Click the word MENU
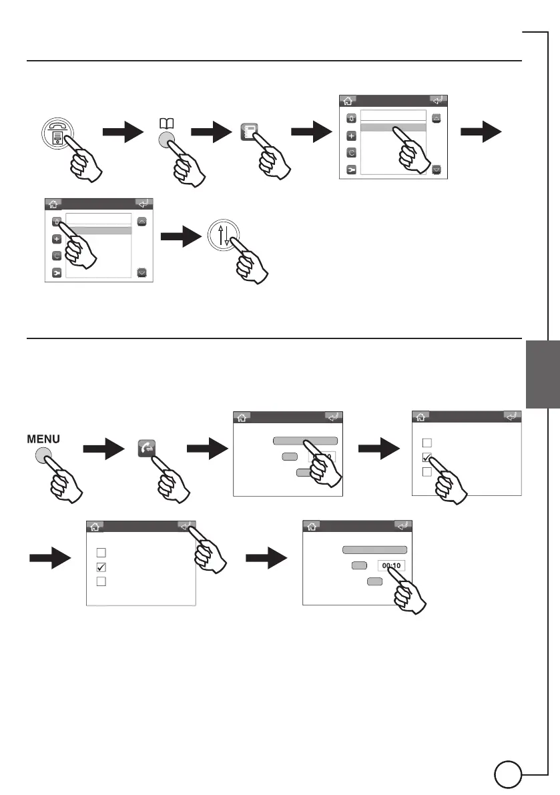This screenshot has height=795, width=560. [x=43, y=439]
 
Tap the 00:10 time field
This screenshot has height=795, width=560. [x=391, y=566]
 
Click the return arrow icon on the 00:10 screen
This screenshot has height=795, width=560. [x=402, y=526]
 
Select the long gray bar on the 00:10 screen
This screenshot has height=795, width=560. [x=374, y=550]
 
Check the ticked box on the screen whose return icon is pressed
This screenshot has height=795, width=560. [x=101, y=567]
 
